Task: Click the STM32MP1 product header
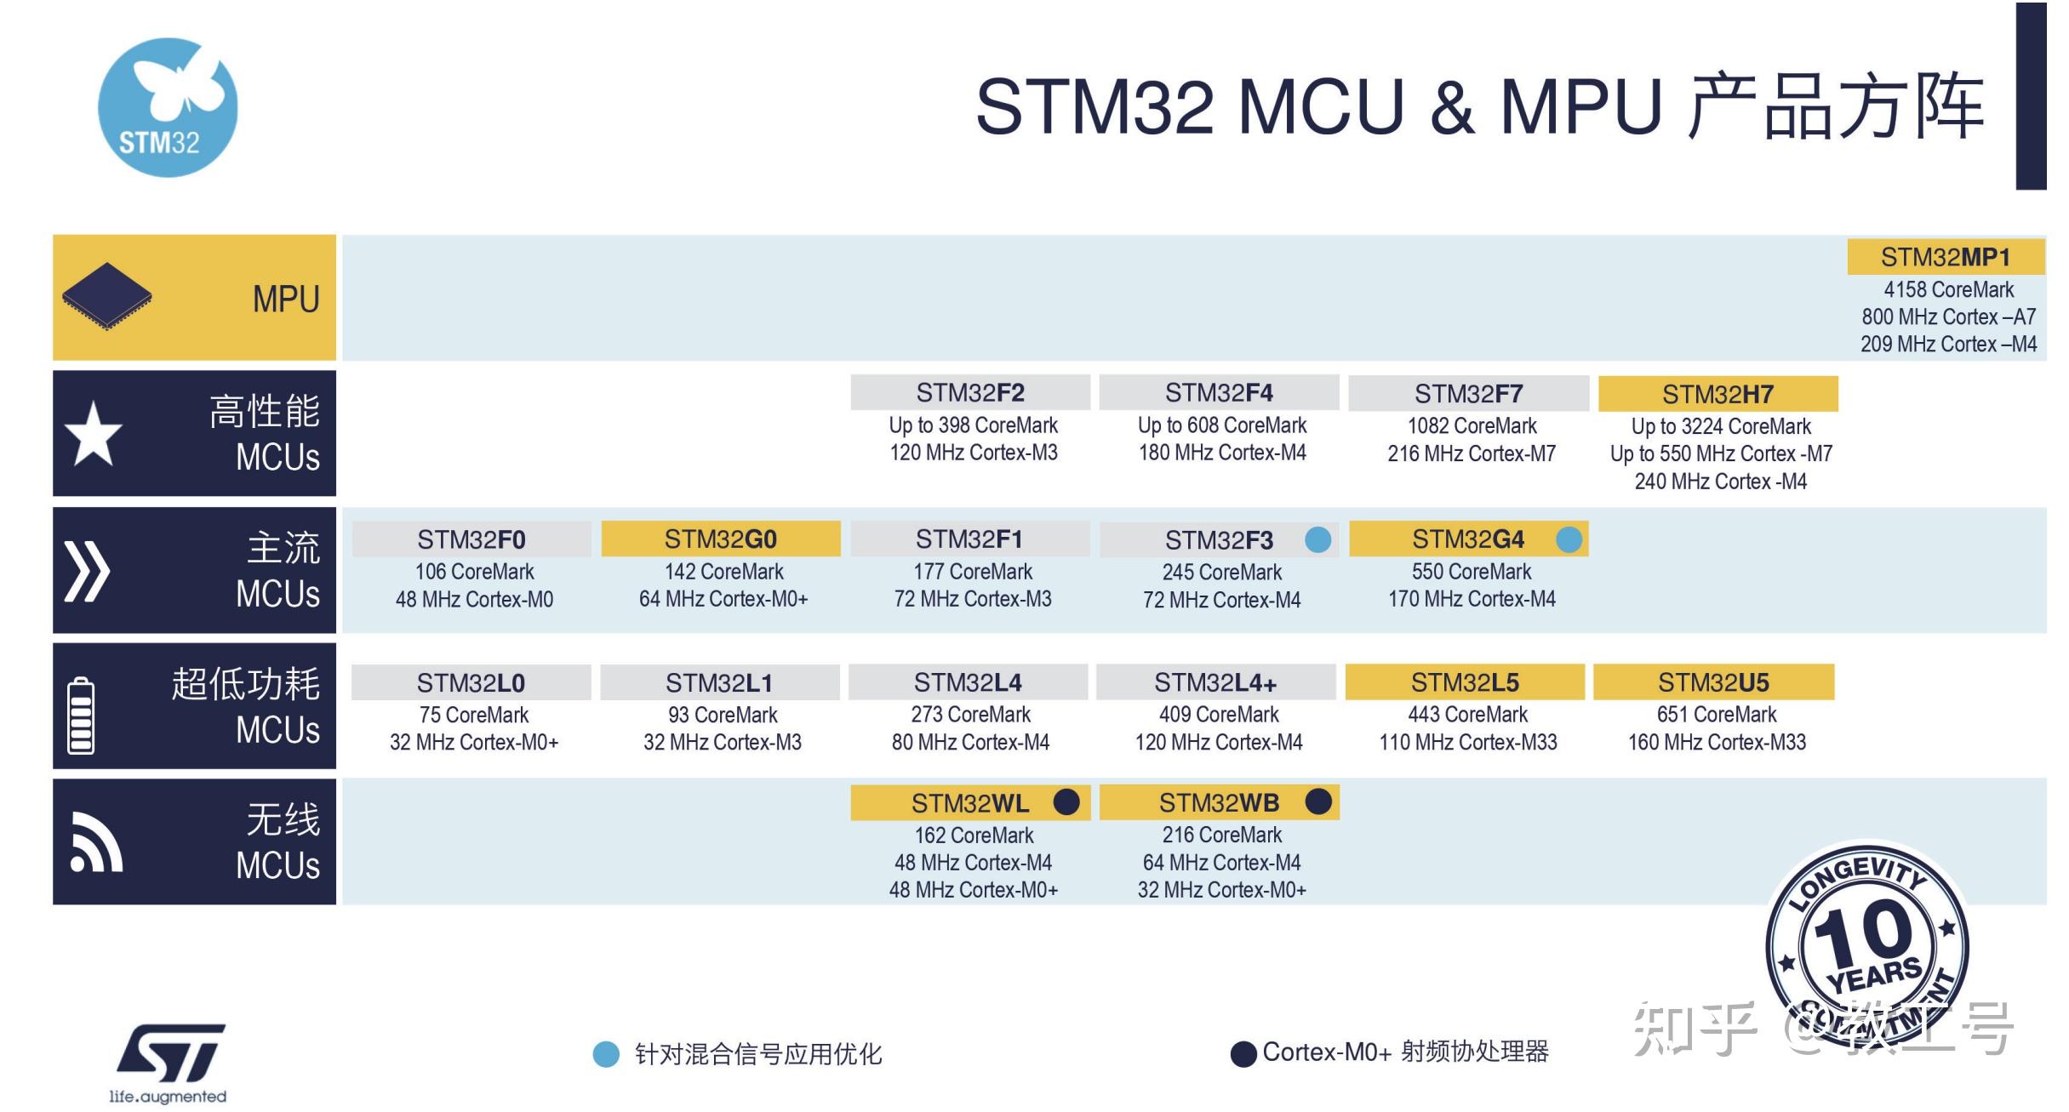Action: pos(1945,257)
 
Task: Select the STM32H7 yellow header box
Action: pos(1717,394)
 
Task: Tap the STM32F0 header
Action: pos(471,539)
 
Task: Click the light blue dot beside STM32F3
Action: pos(1317,539)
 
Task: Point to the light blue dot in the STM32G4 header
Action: pos(1569,539)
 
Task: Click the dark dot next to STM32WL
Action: pos(1066,801)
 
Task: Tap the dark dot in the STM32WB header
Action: pos(1317,801)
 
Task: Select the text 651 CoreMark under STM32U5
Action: pos(1716,715)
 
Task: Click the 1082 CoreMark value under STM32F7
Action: pos(1472,425)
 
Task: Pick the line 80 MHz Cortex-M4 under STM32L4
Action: pos(970,742)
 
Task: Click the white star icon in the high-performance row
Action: pos(94,434)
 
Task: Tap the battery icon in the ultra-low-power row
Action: pos(81,715)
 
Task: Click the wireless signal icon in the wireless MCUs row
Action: pos(95,844)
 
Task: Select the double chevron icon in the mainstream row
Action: pos(87,570)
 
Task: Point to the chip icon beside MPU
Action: pos(107,296)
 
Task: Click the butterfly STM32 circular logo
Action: pos(168,108)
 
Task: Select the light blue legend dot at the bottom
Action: pos(606,1054)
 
